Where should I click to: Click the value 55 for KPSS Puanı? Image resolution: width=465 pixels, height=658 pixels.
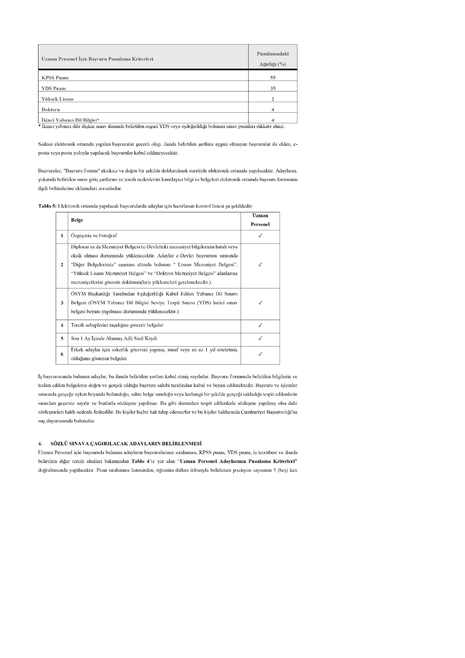pyautogui.click(x=273, y=78)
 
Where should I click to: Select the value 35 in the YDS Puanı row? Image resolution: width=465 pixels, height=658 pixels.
pyautogui.click(x=273, y=88)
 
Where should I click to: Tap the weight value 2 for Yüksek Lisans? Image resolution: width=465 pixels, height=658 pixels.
pyautogui.click(x=273, y=99)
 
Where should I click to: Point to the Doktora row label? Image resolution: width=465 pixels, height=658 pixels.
pyautogui.click(x=51, y=110)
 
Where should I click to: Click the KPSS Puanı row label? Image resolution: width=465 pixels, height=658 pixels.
pyautogui.click(x=55, y=78)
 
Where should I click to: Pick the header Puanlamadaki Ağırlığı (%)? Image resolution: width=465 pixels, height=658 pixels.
pyautogui.click(x=273, y=59)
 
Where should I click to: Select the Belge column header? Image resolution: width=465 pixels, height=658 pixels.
pyautogui.click(x=77, y=220)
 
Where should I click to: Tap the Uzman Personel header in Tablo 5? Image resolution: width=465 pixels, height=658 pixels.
pyautogui.click(x=260, y=220)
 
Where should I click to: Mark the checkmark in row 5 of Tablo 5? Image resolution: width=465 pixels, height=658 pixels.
pyautogui.click(x=260, y=338)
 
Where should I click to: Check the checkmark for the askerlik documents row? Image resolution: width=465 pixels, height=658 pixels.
pyautogui.click(x=260, y=354)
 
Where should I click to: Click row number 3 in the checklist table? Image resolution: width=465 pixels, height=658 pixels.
pyautogui.click(x=62, y=303)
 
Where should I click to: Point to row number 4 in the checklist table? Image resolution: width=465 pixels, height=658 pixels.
pyautogui.click(x=62, y=325)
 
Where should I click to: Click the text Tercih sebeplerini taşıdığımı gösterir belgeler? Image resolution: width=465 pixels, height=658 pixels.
pyautogui.click(x=117, y=325)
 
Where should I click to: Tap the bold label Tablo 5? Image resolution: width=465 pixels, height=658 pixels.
pyautogui.click(x=47, y=206)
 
